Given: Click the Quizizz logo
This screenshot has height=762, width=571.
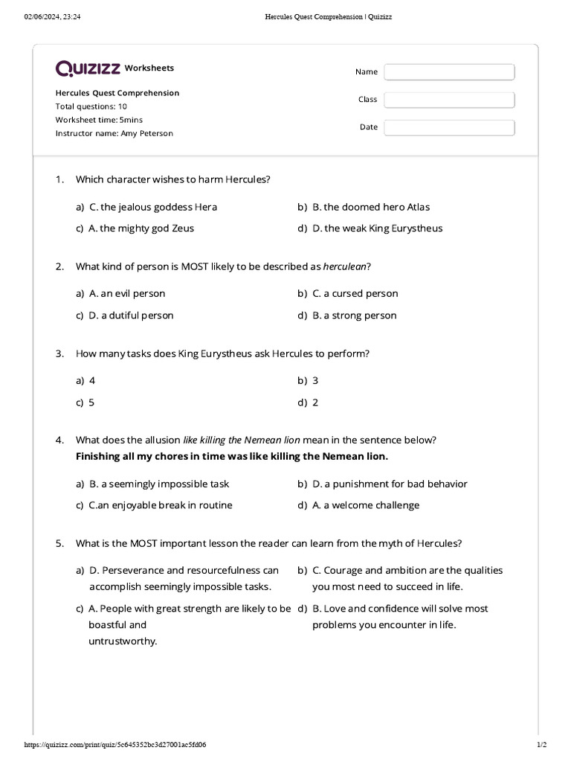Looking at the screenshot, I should pos(88,68).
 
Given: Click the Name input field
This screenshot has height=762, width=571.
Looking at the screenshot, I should pos(449,72).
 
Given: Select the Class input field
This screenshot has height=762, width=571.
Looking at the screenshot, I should pos(449,100).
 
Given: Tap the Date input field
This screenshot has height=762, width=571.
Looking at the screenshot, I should pos(449,127).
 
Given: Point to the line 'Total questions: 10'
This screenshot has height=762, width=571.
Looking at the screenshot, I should pos(91,106).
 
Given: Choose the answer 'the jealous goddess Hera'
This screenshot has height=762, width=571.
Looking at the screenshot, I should pos(153,207).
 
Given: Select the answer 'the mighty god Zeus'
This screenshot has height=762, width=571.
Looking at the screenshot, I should pos(141,228).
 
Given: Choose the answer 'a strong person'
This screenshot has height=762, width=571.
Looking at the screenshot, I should pos(355,316).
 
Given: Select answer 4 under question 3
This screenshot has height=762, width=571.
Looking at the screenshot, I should pos(92,381).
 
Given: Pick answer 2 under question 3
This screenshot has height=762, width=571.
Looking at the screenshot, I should pos(315,403).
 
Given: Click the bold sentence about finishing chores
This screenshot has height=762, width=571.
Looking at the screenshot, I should pos(232,456).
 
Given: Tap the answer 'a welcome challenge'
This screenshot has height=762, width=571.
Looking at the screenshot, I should pos(366,505).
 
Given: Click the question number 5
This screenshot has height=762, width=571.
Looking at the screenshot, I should pos(59,543).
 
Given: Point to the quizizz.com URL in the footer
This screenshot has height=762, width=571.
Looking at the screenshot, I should pos(115,744).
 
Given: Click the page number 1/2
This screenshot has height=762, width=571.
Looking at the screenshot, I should pos(541,744).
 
